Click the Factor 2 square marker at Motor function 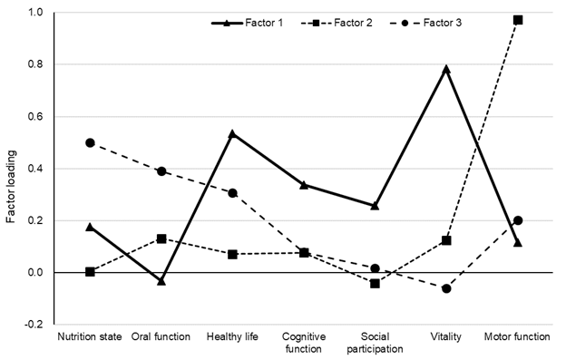tap(518, 20)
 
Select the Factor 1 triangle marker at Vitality tap(446, 69)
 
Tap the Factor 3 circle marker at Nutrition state tap(90, 142)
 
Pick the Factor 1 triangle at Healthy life tap(232, 133)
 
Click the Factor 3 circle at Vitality tap(446, 288)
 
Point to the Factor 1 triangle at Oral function tap(161, 281)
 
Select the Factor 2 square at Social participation tap(375, 284)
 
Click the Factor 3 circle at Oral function tap(161, 171)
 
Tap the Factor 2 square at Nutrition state tap(90, 272)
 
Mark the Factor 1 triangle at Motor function tap(518, 243)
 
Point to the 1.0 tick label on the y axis tap(34, 14)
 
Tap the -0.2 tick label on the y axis tap(32, 325)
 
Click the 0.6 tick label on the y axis tap(34, 117)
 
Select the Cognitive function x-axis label tap(304, 342)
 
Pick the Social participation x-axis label tap(375, 342)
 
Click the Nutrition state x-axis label tap(90, 336)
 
